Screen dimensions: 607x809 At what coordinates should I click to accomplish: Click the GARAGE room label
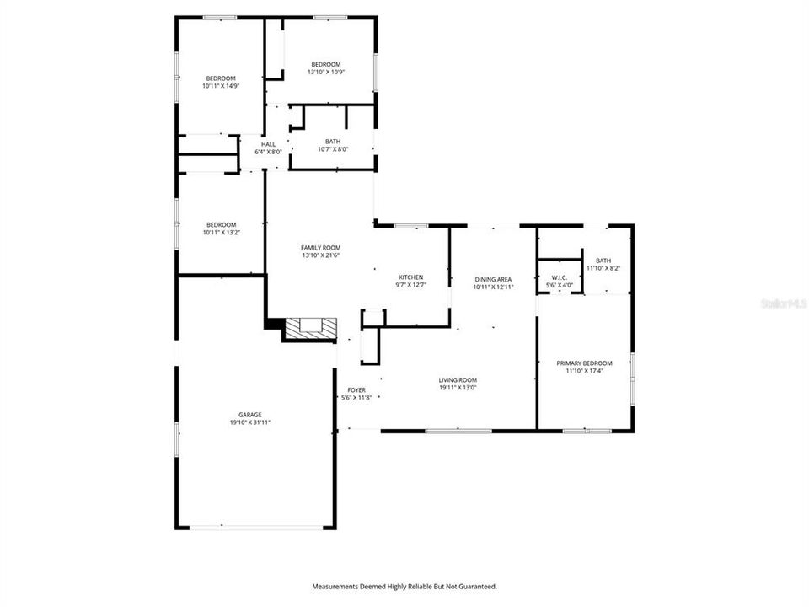[x=249, y=415]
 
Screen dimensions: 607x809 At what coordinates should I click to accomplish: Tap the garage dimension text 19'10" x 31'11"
[x=249, y=422]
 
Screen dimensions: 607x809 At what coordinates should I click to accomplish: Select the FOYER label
[x=356, y=390]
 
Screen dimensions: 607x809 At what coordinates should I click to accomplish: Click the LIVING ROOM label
[x=458, y=380]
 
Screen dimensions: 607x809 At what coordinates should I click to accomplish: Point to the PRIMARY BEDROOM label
[x=584, y=363]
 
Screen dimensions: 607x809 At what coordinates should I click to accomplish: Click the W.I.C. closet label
[x=560, y=277]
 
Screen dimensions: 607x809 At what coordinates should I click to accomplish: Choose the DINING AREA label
[x=493, y=279]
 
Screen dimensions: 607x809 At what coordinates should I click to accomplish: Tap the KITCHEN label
[x=411, y=277]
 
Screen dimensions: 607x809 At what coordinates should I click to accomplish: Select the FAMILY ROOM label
[x=320, y=247]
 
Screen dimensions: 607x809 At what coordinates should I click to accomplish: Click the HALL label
[x=268, y=144]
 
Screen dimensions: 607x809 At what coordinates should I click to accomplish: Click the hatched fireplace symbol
[x=310, y=329]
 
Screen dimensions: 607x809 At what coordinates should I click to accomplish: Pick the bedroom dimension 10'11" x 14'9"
[x=221, y=86]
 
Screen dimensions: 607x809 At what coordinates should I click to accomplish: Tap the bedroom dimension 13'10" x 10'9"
[x=325, y=73]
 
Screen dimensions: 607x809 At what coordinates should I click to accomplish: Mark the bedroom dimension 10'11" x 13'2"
[x=221, y=232]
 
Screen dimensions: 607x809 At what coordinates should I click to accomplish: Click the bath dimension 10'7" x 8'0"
[x=333, y=149]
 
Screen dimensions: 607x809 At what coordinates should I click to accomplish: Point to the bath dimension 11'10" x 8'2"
[x=603, y=268]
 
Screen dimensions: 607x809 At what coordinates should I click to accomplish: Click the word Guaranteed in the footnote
[x=476, y=586]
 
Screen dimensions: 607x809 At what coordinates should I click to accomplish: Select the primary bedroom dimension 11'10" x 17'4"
[x=584, y=371]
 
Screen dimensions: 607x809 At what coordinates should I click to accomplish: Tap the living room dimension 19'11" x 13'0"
[x=458, y=388]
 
